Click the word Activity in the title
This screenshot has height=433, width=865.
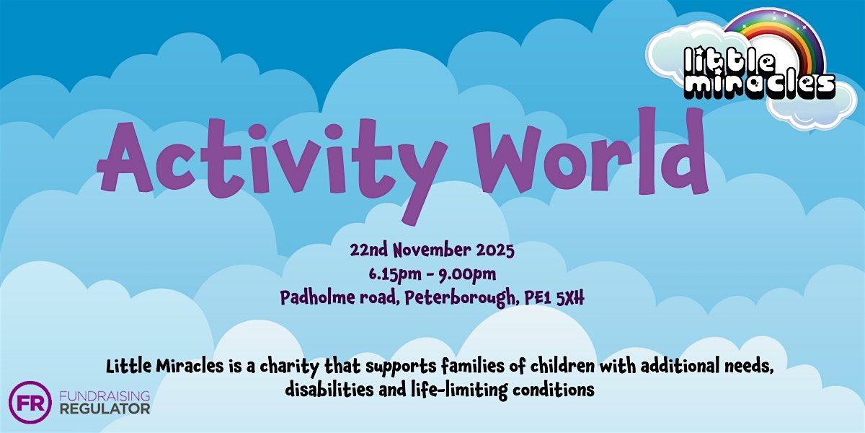coord(270,155)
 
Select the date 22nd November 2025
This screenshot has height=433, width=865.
coord(432,251)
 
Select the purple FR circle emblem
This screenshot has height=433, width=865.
coord(30,402)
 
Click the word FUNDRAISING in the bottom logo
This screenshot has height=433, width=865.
coord(105,396)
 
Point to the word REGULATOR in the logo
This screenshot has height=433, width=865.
coord(105,409)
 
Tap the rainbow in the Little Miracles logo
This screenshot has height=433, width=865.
coord(774,36)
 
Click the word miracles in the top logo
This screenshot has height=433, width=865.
coord(759,86)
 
